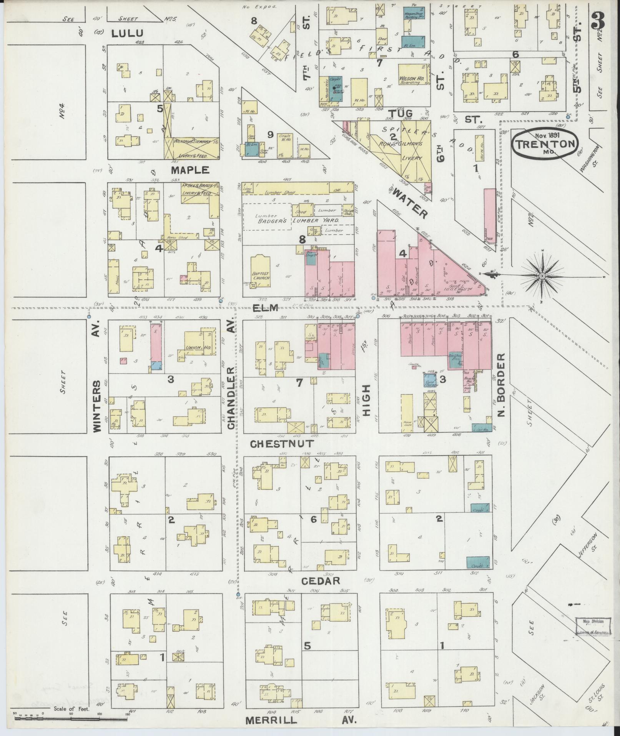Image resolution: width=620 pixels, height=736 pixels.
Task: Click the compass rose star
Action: click(542, 275)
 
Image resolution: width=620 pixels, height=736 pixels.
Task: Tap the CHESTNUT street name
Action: click(282, 444)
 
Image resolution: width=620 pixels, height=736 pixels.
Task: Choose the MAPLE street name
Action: click(190, 170)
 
